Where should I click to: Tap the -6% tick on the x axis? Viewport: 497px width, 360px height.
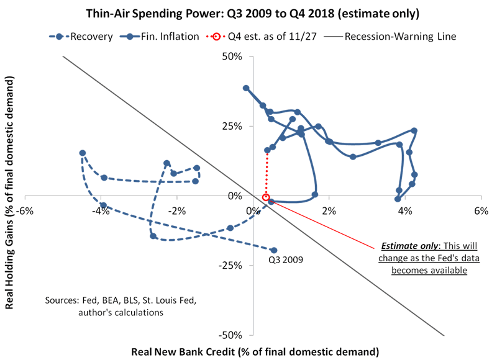click(x=25, y=210)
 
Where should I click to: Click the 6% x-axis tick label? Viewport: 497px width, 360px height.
click(x=480, y=210)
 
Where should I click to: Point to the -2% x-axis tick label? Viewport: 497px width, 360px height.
click(x=176, y=210)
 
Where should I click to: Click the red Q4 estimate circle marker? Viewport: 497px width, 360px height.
click(x=266, y=197)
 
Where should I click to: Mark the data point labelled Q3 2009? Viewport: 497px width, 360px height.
click(x=274, y=250)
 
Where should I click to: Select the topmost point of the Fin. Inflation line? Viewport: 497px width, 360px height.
click(x=246, y=88)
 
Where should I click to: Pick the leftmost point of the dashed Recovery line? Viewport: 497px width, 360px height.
click(x=82, y=153)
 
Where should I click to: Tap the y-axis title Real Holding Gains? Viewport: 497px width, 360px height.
click(x=10, y=196)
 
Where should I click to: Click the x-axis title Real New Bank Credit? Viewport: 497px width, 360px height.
click(x=254, y=351)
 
